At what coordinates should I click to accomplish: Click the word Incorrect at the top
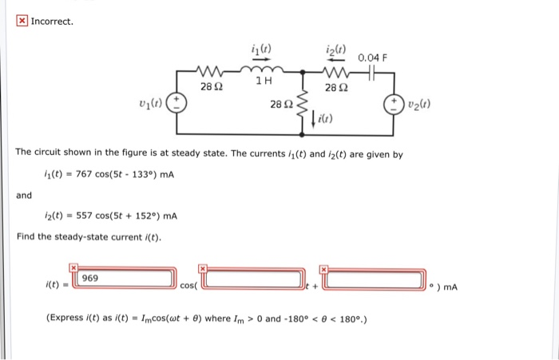coord(52,20)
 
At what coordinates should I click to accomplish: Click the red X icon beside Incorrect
coord(22,20)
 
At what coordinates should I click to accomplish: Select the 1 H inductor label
coord(264,81)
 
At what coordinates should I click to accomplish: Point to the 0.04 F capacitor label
coord(373,57)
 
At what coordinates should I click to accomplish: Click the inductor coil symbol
coord(264,69)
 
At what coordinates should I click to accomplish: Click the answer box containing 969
coord(125,279)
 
